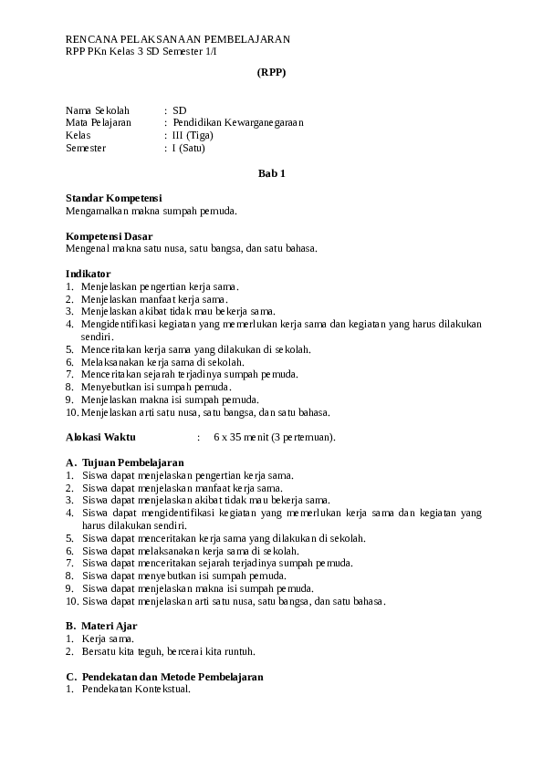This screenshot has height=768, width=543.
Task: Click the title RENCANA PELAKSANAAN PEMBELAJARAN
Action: tap(178, 39)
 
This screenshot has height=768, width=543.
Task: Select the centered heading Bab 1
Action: tap(271, 172)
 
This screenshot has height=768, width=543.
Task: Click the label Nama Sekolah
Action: tap(98, 109)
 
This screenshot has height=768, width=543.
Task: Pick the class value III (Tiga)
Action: tap(193, 135)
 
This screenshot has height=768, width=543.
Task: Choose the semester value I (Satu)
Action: tap(189, 148)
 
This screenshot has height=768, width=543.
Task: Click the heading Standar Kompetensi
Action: tap(113, 198)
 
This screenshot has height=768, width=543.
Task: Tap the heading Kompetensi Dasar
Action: tap(109, 235)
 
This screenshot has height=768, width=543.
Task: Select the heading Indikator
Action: tap(88, 273)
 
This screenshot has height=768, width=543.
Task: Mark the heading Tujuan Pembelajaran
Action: tap(133, 462)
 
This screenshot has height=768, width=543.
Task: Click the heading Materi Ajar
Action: tap(110, 627)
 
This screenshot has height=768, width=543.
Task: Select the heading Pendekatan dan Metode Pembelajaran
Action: tap(172, 677)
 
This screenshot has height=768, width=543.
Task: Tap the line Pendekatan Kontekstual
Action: tap(136, 690)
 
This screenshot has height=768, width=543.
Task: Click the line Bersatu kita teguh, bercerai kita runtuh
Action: tap(168, 652)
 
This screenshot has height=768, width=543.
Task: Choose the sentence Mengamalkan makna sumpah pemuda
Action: tap(151, 211)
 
